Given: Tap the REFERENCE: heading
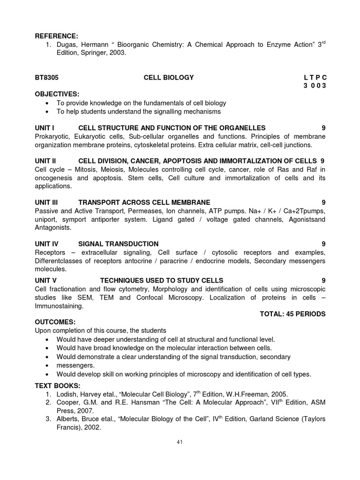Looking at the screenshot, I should coord(57,36).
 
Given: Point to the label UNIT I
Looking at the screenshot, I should coord(45,127).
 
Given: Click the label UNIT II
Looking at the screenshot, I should coord(46,161).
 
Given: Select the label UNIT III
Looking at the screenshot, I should coord(47,202).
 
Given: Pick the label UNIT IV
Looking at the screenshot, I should coord(47,244).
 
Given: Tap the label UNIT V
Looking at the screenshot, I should coord(46,280).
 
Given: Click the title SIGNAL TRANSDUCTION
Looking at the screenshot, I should coord(118,244).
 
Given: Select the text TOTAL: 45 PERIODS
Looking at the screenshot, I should coord(292,314).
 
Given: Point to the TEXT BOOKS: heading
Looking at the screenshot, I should coord(58,385).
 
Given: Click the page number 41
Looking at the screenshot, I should coord(180,442).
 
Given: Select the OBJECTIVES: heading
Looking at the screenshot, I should coord(57,94).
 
